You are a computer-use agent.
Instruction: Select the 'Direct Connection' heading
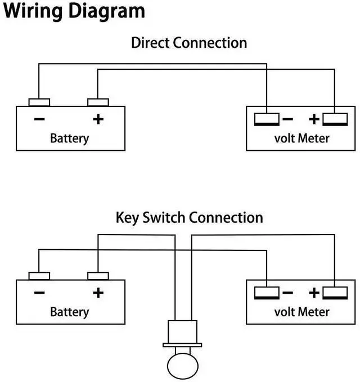(189, 43)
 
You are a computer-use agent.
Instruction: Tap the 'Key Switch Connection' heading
(189, 218)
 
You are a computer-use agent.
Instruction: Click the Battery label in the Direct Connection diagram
(70, 138)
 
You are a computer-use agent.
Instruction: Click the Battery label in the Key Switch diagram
(70, 311)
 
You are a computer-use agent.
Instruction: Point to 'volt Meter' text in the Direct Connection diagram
(302, 138)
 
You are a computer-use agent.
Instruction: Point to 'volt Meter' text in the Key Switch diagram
(302, 311)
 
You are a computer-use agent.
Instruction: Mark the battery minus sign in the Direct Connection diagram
(39, 119)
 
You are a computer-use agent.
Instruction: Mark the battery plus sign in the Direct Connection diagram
(98, 119)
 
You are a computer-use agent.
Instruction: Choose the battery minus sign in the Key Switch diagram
(39, 293)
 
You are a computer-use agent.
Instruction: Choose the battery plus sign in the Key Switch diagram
(98, 293)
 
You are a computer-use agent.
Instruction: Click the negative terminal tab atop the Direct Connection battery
(39, 102)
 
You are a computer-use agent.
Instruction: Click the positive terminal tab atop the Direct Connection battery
(98, 102)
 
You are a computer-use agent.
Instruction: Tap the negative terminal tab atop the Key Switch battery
(39, 276)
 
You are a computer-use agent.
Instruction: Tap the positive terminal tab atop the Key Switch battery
(98, 276)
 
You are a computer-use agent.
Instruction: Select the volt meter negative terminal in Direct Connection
(267, 119)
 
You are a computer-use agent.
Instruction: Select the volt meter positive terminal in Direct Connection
(334, 119)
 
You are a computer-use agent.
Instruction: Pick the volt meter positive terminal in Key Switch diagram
(334, 293)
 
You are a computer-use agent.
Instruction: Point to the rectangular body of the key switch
(183, 331)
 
